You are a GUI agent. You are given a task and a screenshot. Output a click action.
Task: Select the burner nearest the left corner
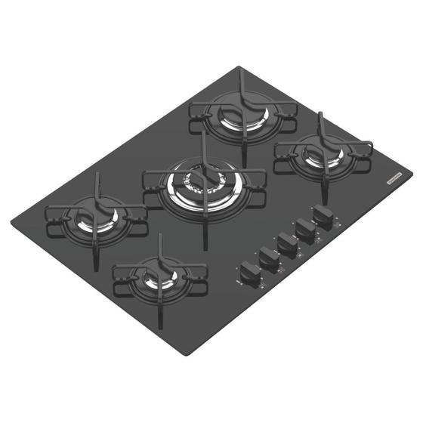click(x=97, y=219)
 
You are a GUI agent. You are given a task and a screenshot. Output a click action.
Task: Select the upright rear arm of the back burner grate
click(x=240, y=76)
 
